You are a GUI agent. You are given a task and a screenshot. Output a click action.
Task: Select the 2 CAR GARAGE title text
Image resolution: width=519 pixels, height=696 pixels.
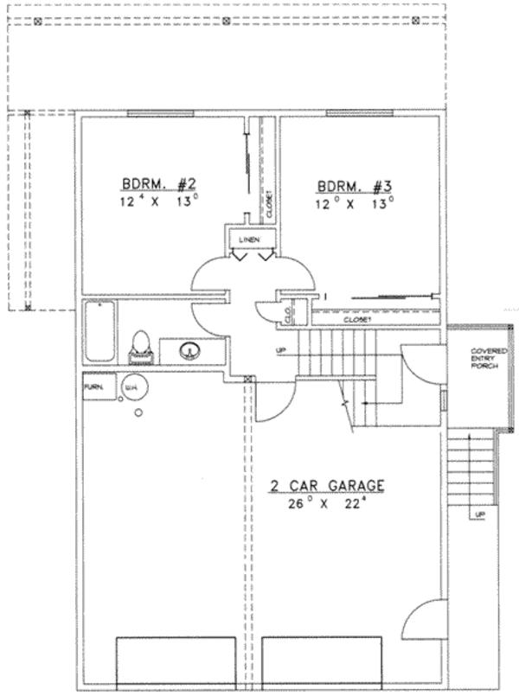coord(327,486)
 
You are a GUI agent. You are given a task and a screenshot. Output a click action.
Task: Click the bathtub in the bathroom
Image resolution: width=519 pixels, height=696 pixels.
coord(100,333)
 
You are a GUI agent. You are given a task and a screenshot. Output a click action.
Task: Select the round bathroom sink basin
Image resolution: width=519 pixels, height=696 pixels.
coord(189,350)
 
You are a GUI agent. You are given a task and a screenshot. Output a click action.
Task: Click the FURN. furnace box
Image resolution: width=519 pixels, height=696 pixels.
coord(96,388)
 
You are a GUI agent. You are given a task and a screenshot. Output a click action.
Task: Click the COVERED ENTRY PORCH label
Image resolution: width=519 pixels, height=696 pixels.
coord(483,359)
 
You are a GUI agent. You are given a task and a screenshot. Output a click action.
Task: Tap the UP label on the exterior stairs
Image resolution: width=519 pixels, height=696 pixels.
coord(478,515)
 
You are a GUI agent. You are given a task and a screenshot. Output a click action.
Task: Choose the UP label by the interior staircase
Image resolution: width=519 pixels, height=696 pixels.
coord(279,350)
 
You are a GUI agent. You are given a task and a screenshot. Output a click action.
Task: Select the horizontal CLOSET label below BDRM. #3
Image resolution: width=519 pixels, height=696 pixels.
coord(356,320)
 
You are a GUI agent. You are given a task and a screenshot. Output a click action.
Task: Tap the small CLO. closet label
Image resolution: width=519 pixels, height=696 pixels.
coord(286,314)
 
